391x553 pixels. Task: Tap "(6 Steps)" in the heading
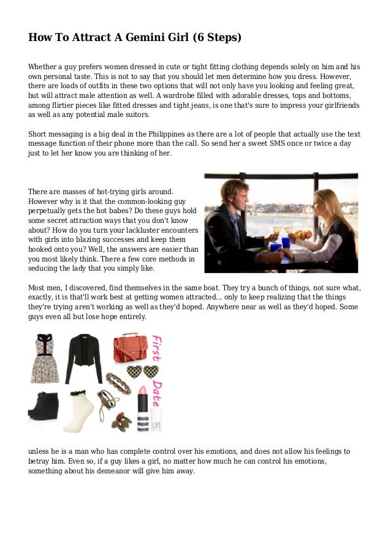(x=218, y=38)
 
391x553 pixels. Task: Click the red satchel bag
(x=130, y=348)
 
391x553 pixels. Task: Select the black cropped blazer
(x=84, y=357)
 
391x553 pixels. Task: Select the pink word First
(x=156, y=348)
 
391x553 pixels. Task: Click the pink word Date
(x=156, y=392)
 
